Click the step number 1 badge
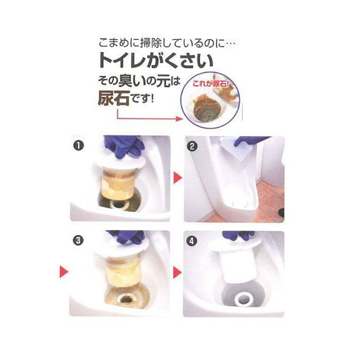click(x=78, y=145)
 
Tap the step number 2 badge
click(x=192, y=146)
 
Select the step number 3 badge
click(x=78, y=240)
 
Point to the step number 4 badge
click(x=192, y=241)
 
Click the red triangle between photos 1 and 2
click(x=177, y=177)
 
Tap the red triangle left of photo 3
click(x=64, y=272)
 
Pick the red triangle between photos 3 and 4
click(x=177, y=272)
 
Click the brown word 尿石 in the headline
click(x=114, y=98)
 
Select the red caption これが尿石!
click(x=211, y=83)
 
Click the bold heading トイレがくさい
click(x=156, y=61)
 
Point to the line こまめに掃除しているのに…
click(x=167, y=43)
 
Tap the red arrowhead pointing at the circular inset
click(x=180, y=118)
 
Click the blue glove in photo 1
click(x=123, y=146)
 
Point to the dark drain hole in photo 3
click(x=126, y=299)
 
